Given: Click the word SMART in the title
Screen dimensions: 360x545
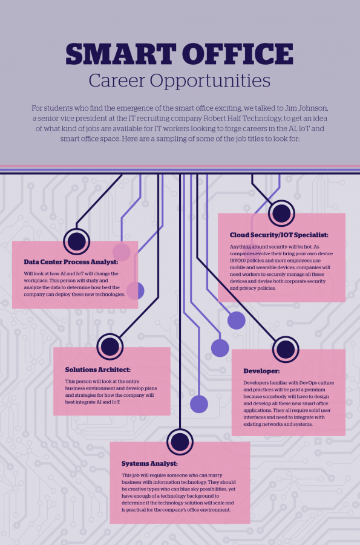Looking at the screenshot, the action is (x=120, y=54).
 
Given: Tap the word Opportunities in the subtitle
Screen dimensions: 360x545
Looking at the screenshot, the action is (x=210, y=81).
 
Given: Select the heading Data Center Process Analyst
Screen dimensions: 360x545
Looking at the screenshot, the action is (x=71, y=262).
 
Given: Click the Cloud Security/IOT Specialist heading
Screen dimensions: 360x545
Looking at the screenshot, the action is (x=279, y=235).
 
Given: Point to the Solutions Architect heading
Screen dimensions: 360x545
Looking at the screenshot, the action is (x=98, y=370).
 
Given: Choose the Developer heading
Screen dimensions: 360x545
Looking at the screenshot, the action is (x=261, y=371).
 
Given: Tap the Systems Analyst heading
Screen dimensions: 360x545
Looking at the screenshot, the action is (x=149, y=464).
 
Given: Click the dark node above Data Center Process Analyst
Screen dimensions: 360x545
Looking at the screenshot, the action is (x=76, y=241).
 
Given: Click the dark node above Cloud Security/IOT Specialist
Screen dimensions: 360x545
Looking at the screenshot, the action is (x=281, y=213).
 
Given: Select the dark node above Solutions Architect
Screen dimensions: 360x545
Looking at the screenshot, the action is (x=110, y=347).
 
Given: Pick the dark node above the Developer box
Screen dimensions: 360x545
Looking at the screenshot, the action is (x=286, y=349).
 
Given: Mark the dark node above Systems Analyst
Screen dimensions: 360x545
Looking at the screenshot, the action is (x=180, y=442).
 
